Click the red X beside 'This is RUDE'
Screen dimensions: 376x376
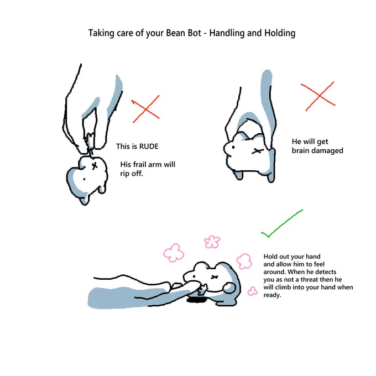[x=145, y=109]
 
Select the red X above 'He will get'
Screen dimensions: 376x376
[x=318, y=96]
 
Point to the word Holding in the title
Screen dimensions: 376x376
[x=280, y=33]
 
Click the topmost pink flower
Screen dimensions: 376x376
[x=212, y=242]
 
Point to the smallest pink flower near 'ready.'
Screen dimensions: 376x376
[x=252, y=291]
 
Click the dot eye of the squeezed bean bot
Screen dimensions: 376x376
[x=233, y=147]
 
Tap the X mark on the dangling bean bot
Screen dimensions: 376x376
[x=95, y=165]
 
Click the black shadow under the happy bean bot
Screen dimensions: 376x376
[x=197, y=299]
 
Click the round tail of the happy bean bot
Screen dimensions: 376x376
[x=229, y=288]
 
